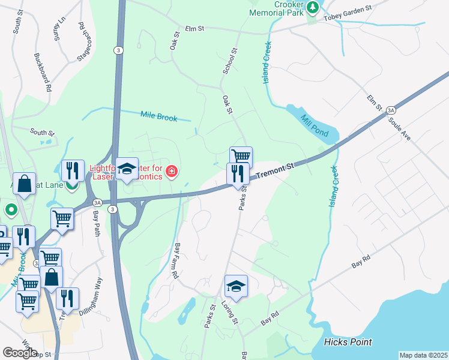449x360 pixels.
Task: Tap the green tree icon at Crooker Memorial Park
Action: coord(312,7)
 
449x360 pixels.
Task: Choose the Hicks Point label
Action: coord(348,342)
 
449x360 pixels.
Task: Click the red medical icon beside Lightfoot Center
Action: coord(172,172)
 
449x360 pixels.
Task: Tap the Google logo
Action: coord(20,352)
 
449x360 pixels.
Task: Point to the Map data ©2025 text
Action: coord(423,355)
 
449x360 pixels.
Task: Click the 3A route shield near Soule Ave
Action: coord(391,110)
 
